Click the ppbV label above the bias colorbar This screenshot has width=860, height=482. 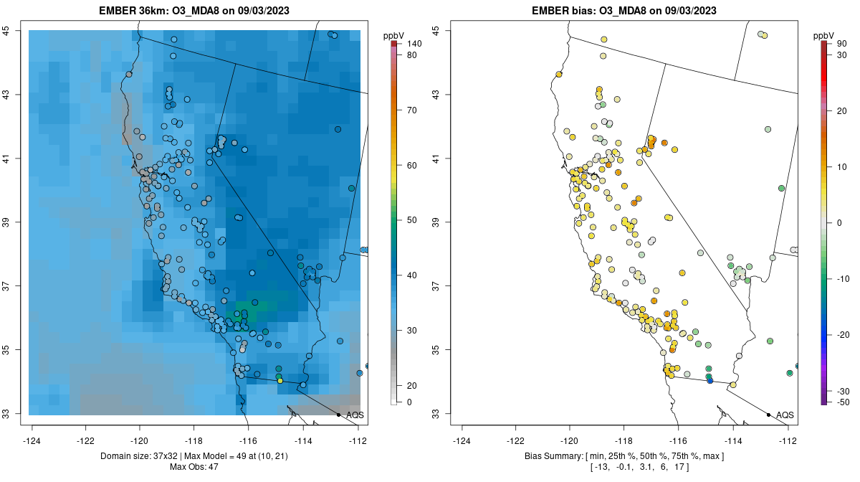(x=824, y=35)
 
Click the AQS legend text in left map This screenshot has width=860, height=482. (x=355, y=415)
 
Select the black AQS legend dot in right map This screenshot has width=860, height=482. (x=768, y=415)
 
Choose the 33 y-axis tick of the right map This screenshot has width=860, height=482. (x=437, y=414)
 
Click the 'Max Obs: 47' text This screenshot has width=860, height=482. (x=193, y=467)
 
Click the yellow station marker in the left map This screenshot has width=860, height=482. (x=279, y=381)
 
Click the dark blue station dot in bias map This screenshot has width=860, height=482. (x=709, y=380)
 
